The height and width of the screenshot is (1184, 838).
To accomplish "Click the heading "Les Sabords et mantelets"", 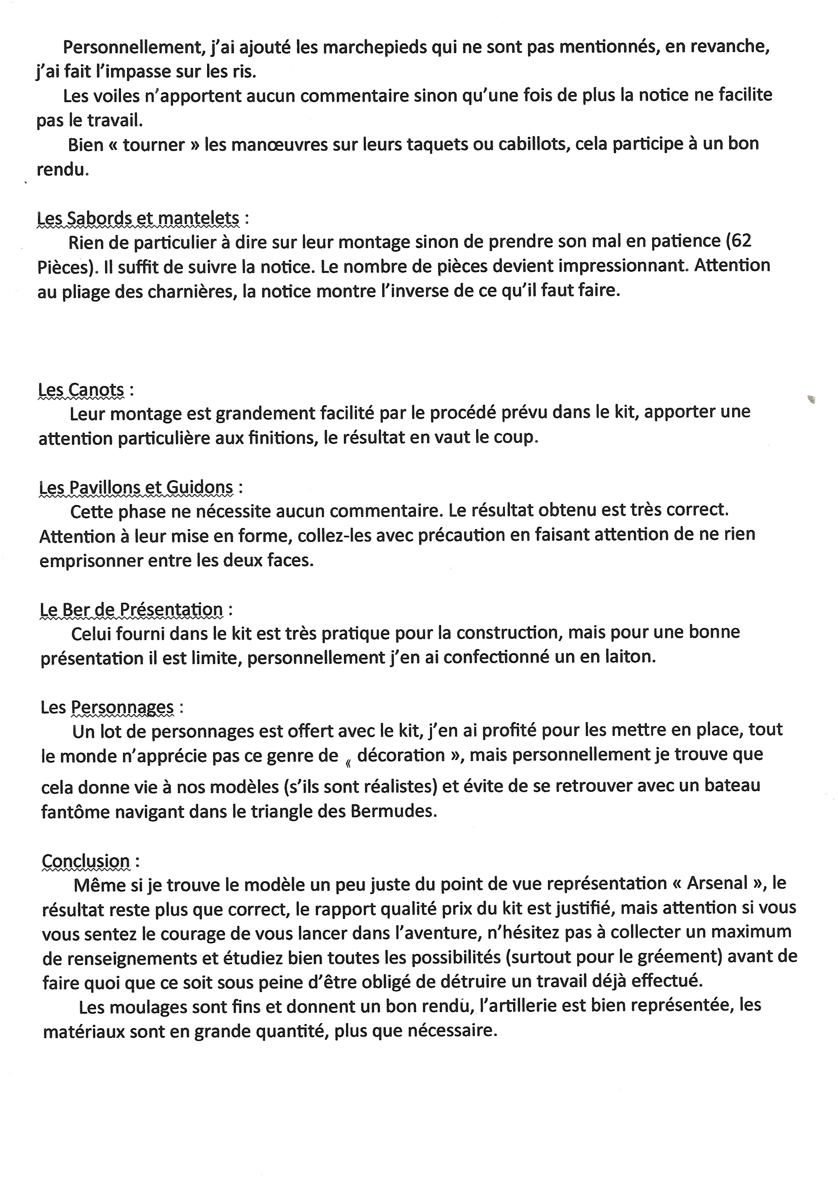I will (138, 218).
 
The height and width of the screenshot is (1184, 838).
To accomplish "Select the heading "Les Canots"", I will (81, 390).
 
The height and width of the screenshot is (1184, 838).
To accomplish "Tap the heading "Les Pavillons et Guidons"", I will (136, 487).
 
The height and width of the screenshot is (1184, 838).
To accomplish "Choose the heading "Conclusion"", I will (85, 861).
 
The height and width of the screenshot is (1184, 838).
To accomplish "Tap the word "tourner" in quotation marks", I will (154, 145).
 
